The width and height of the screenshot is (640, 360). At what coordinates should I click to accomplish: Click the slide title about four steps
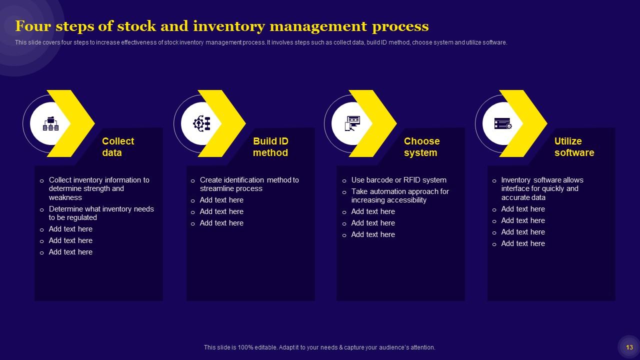click(221, 26)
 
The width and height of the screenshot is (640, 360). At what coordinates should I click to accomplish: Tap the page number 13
click(629, 347)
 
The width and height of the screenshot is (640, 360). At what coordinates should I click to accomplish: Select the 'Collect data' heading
click(118, 147)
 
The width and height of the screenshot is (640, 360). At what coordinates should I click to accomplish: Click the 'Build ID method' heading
click(270, 147)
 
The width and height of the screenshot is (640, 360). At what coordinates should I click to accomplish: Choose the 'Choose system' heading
click(421, 147)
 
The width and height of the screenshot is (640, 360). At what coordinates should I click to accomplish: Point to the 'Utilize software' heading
click(574, 147)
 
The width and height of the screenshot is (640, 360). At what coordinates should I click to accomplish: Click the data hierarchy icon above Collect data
click(50, 123)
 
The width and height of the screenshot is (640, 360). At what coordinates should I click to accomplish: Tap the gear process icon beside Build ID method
click(202, 123)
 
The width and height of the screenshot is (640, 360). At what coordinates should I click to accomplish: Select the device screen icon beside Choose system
click(352, 123)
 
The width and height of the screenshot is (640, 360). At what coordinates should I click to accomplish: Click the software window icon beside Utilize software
click(502, 123)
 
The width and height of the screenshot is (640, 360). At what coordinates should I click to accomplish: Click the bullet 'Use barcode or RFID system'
click(398, 180)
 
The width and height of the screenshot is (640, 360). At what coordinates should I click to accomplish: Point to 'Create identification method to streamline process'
click(249, 184)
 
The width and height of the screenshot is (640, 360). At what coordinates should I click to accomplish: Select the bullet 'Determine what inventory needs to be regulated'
click(101, 213)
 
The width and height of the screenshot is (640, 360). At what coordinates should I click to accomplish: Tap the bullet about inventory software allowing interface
click(542, 188)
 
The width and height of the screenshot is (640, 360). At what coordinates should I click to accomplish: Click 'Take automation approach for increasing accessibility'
click(400, 195)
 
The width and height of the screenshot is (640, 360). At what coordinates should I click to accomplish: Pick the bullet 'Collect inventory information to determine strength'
click(98, 188)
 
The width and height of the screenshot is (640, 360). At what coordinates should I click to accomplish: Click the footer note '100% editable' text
click(319, 347)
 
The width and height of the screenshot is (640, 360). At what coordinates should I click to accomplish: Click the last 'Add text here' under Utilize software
click(523, 243)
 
